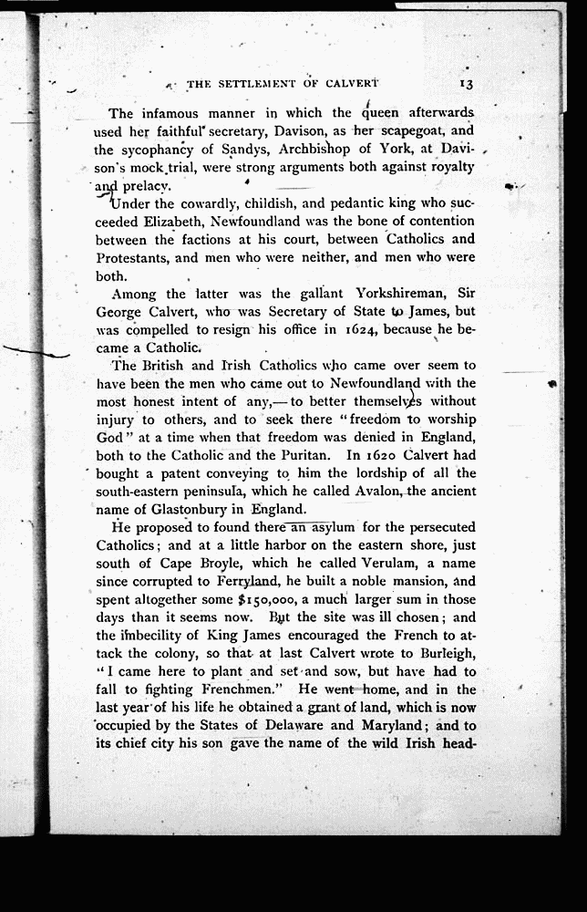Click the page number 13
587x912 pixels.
(x=465, y=83)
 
